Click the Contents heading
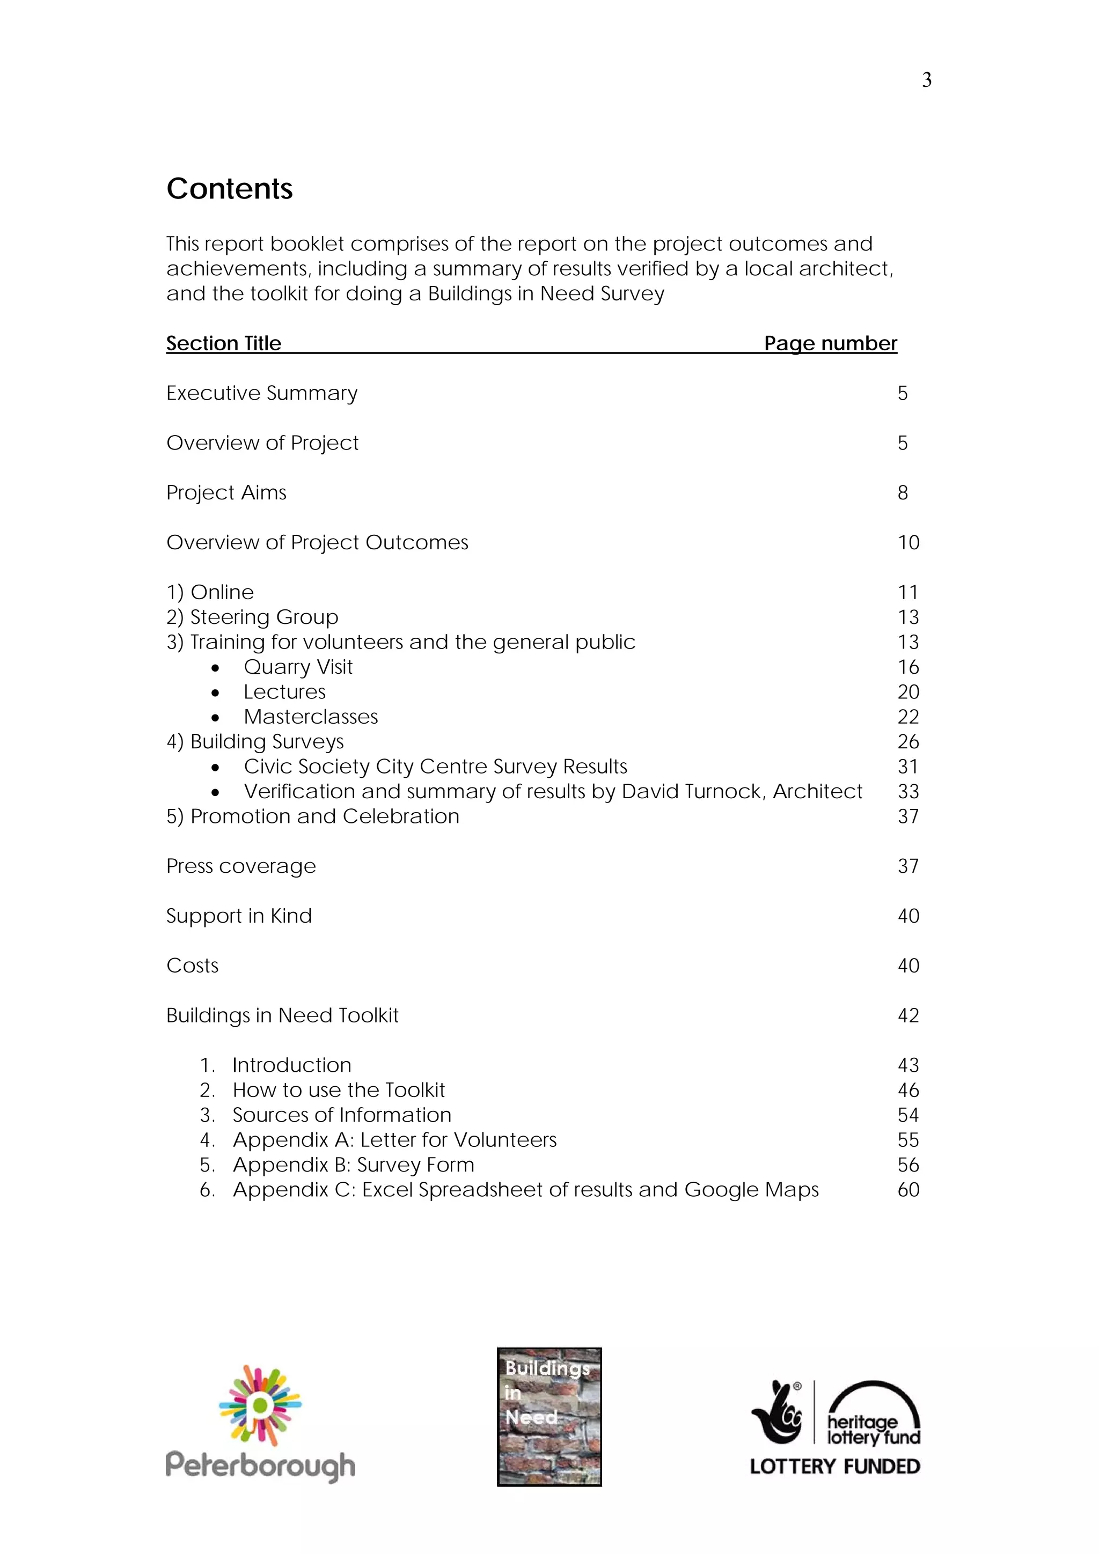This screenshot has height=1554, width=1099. pos(230,189)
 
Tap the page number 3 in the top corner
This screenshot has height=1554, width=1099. pos(926,80)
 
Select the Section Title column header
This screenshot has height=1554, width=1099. pos(223,343)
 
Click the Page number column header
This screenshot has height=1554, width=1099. pos(830,343)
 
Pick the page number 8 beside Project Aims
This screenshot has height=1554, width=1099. pos(902,493)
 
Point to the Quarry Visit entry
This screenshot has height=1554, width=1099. pos(298,667)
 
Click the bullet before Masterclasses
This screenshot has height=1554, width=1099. pos(215,717)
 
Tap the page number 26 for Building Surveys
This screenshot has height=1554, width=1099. pos(908,742)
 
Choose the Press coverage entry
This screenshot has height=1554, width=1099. pos(241,866)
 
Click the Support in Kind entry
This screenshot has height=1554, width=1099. pos(239,916)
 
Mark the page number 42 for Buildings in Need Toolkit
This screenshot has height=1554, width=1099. pos(908,1015)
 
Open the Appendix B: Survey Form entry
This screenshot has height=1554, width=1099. pos(353,1165)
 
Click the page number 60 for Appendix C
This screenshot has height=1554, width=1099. pos(908,1190)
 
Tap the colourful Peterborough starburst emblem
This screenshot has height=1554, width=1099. pos(260,1405)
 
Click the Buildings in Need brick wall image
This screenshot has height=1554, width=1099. pos(549,1417)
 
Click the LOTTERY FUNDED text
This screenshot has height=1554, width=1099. pos(834,1467)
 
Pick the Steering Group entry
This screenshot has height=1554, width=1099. pos(263,617)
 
